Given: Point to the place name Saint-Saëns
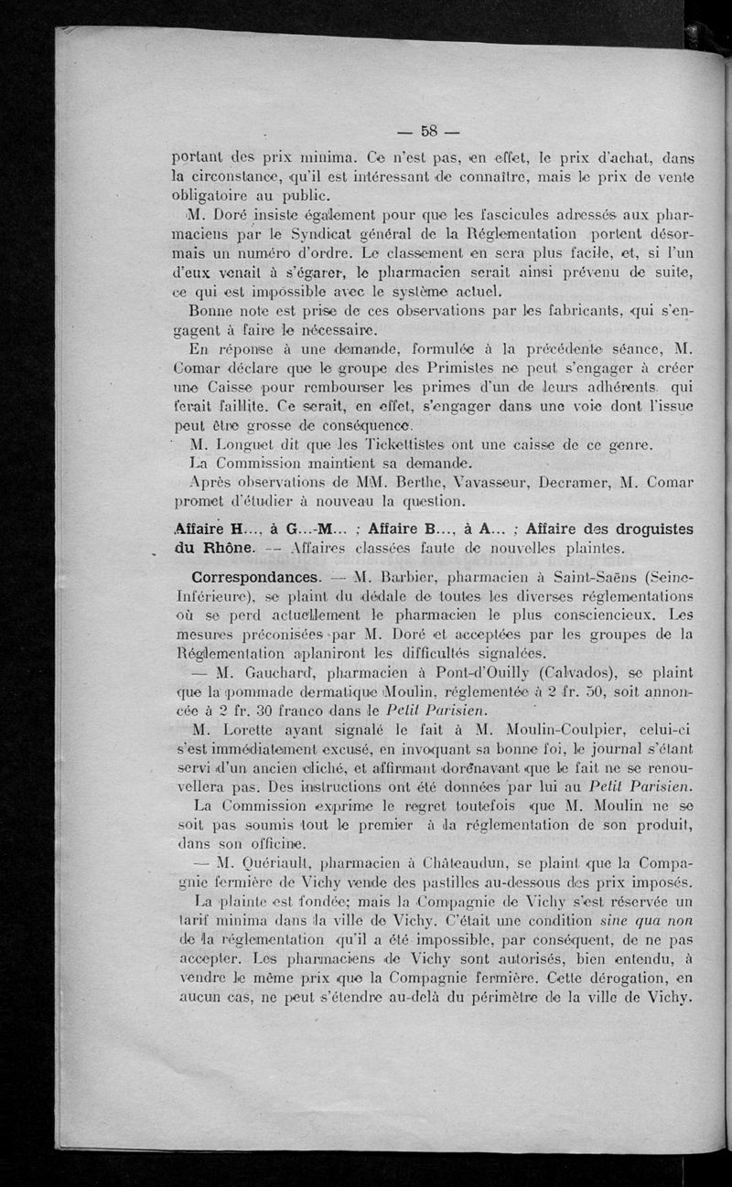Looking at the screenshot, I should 557,578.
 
